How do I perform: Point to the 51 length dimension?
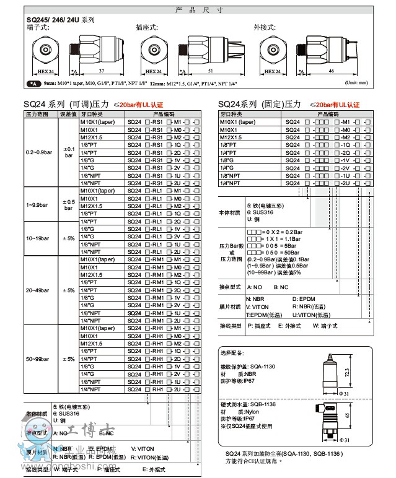pyautogui.click(x=211, y=71)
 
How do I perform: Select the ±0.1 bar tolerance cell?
pyautogui.click(x=68, y=152)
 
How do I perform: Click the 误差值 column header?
pyautogui.click(x=68, y=115)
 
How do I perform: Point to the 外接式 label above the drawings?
pyautogui.click(x=263, y=28)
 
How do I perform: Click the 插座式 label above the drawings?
pyautogui.click(x=146, y=28)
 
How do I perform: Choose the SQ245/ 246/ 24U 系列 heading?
pyautogui.click(x=61, y=20)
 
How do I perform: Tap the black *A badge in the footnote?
pyautogui.click(x=33, y=82)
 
